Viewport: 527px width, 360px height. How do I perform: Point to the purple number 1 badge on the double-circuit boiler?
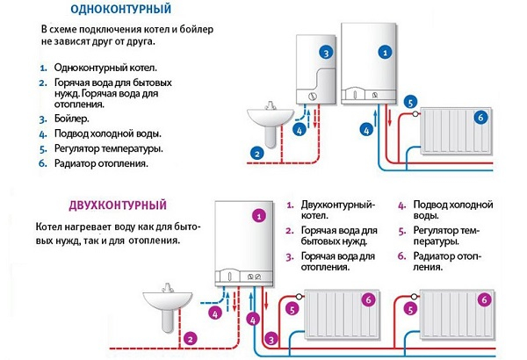click(258, 214)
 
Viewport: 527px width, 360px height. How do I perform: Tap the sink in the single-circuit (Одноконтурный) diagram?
click(267, 117)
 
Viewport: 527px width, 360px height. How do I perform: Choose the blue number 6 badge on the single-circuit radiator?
click(480, 116)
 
